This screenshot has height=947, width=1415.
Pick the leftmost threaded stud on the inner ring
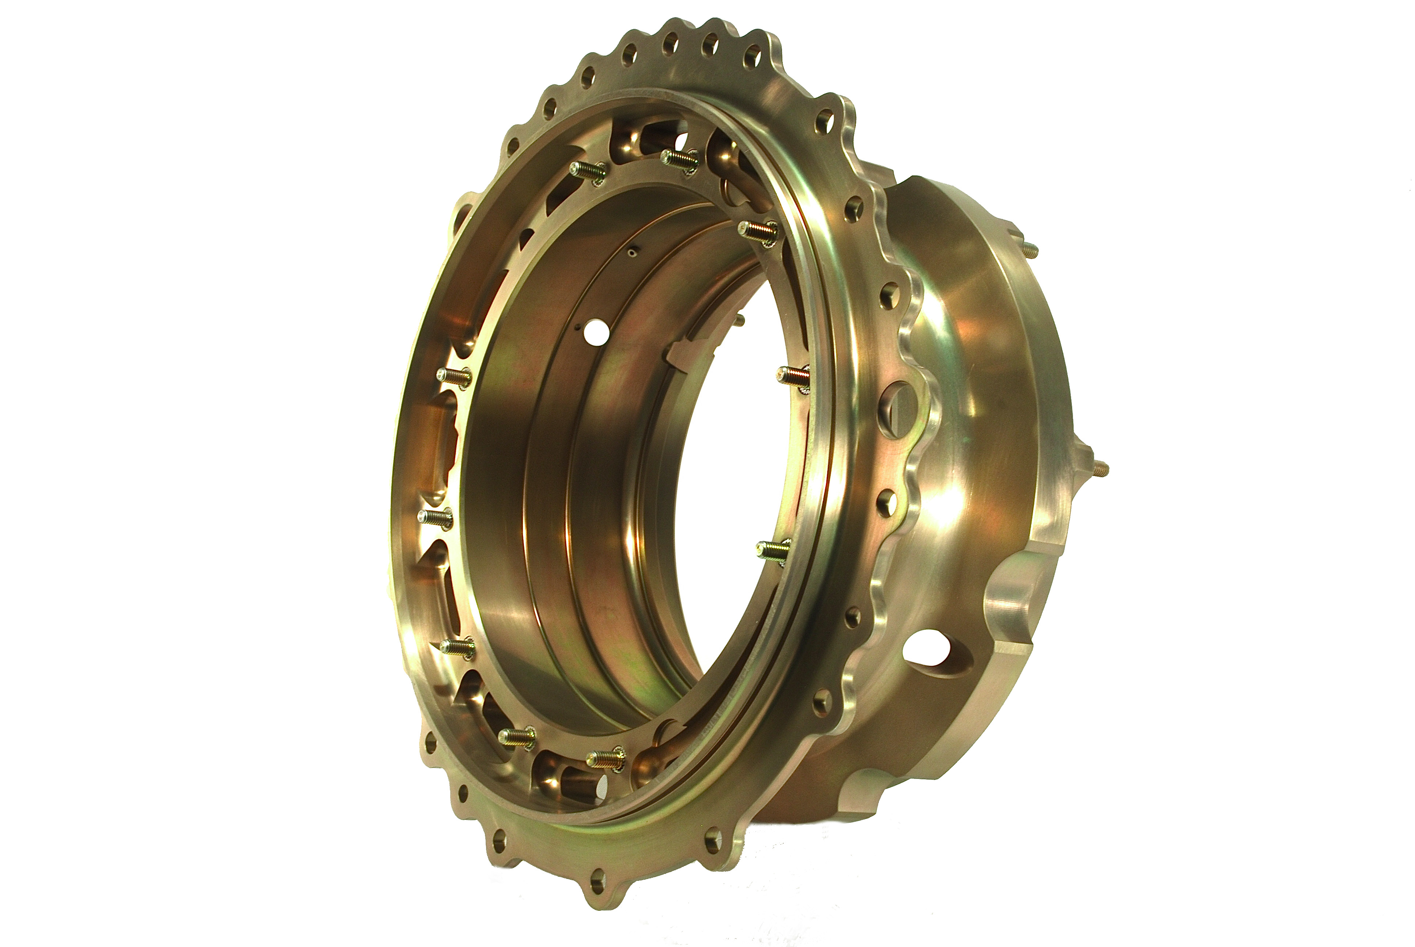435,517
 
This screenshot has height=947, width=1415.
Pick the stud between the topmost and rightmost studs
758,231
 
